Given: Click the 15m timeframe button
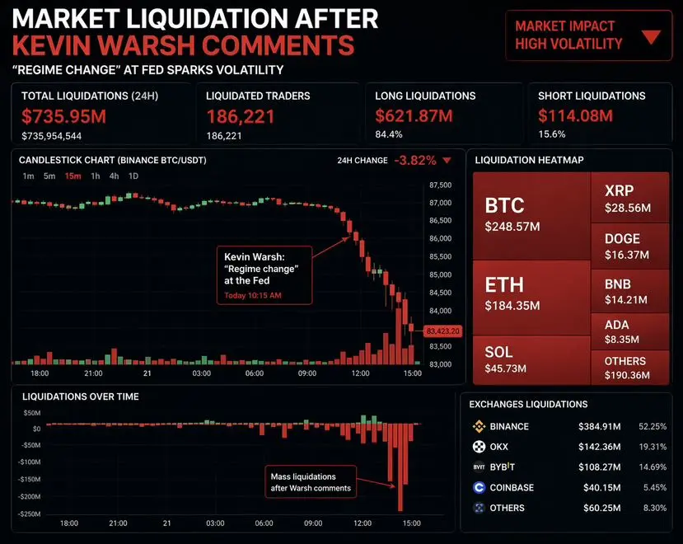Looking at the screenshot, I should [72, 176].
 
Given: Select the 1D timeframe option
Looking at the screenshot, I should [133, 176].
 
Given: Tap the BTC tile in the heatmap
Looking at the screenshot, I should [531, 214].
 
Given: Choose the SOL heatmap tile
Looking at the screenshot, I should [531, 359].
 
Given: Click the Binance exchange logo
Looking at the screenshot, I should [478, 426].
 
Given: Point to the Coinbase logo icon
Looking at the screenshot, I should [478, 487].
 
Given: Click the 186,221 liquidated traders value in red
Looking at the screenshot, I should [241, 116].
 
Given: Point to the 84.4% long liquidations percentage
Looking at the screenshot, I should [389, 134].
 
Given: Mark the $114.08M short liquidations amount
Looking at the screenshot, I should [575, 116].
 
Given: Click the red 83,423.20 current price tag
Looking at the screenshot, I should [442, 331].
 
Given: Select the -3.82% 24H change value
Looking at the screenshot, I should [415, 160].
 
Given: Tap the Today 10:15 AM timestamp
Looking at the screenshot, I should [253, 295].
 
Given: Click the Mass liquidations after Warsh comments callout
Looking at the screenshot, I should [311, 482].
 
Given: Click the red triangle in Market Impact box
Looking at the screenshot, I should [651, 36].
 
